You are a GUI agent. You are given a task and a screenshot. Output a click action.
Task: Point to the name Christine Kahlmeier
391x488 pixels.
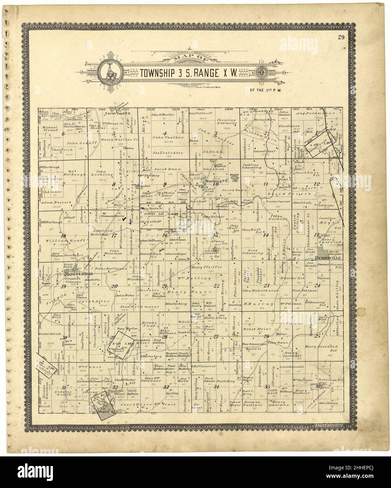pos(228,122)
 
